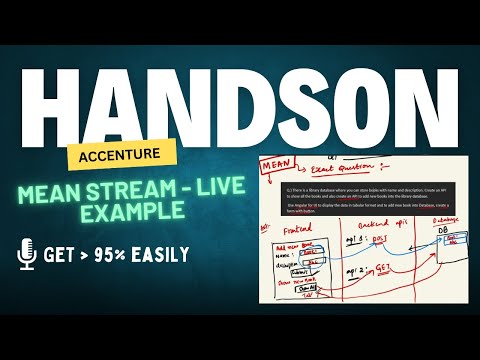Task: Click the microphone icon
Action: click(28, 254)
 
